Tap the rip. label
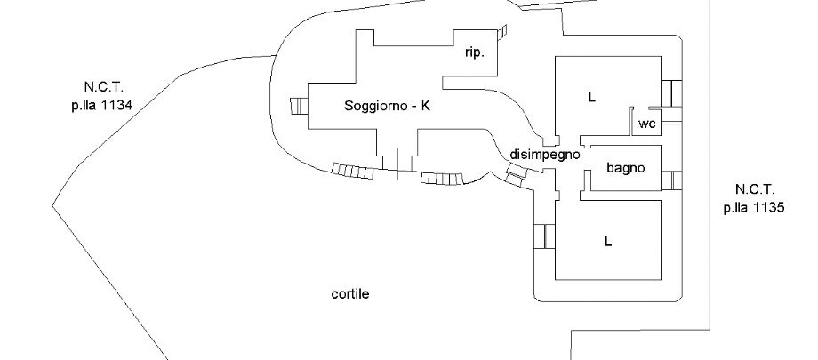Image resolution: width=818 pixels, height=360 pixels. pos(475,53)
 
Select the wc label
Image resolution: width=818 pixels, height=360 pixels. pos(647,124)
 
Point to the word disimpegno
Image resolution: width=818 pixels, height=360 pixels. pos(545,154)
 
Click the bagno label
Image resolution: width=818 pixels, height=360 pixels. pos(625,167)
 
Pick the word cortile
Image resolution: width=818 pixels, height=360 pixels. pos(349,294)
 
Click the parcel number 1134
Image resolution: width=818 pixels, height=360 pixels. pos(116,103)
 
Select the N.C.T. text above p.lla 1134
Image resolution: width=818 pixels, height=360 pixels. pos(103,87)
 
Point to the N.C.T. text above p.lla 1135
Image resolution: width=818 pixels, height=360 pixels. pos(755,189)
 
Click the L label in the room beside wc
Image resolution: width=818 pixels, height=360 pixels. pos(590,97)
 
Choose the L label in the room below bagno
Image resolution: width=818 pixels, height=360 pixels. pos(608,241)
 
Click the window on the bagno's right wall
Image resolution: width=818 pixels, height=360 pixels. pos(676,180)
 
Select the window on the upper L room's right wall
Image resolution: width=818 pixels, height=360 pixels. pos(671,92)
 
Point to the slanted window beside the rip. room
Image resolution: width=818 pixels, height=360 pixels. pos(503,33)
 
